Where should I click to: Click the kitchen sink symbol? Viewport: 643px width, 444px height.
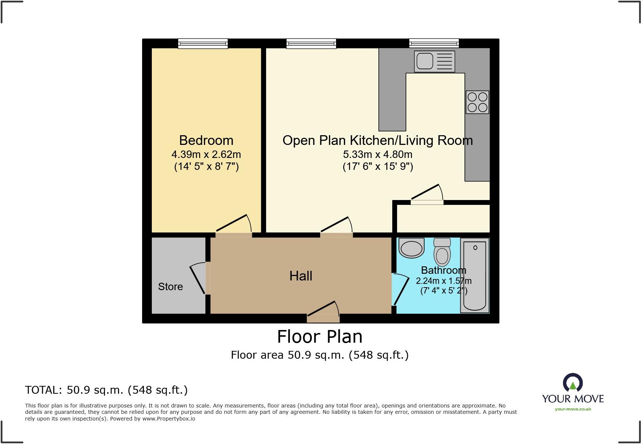coord(434,61)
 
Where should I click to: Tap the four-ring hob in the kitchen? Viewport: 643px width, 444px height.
coord(477,102)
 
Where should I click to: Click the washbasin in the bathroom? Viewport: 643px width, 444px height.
coord(412,248)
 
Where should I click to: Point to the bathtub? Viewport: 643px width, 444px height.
coord(475,276)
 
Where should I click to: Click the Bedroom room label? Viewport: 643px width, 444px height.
coord(206,140)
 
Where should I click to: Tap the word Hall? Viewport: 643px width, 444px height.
coord(301,276)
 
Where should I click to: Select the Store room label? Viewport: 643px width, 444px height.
coord(170,286)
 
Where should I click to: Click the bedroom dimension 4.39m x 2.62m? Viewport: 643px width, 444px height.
coord(206,154)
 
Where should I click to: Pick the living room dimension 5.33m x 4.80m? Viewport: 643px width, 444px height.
coord(377,154)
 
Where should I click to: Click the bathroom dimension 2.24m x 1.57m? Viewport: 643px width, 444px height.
coord(444,281)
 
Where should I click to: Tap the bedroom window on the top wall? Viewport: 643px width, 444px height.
coord(203,44)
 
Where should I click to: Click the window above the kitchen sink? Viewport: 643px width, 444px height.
coord(434,44)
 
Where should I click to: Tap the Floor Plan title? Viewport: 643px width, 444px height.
coord(320,337)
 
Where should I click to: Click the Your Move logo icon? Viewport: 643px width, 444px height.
coord(573,383)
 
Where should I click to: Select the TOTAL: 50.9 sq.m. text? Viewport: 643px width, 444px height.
coord(106,390)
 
